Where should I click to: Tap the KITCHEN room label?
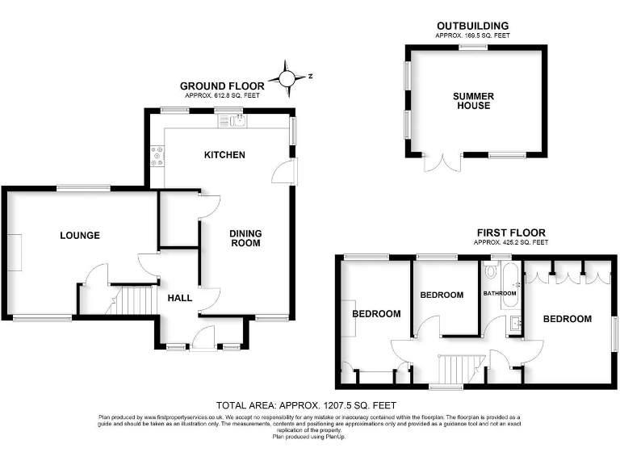coord(224,155)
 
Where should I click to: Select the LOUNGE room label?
coord(80,236)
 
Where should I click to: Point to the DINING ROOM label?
coord(246,238)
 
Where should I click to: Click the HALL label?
coord(180,298)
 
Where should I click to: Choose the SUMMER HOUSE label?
coord(473,101)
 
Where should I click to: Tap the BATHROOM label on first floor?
coord(500,293)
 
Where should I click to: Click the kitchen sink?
coord(237,122)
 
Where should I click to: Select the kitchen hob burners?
coord(157,156)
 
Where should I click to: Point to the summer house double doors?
coord(442,163)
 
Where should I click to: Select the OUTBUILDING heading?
coord(473,26)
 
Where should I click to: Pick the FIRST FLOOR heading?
coord(510,232)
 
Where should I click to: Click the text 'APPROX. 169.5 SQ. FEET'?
coord(473,36)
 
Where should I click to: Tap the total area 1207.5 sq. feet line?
coord(306,404)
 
